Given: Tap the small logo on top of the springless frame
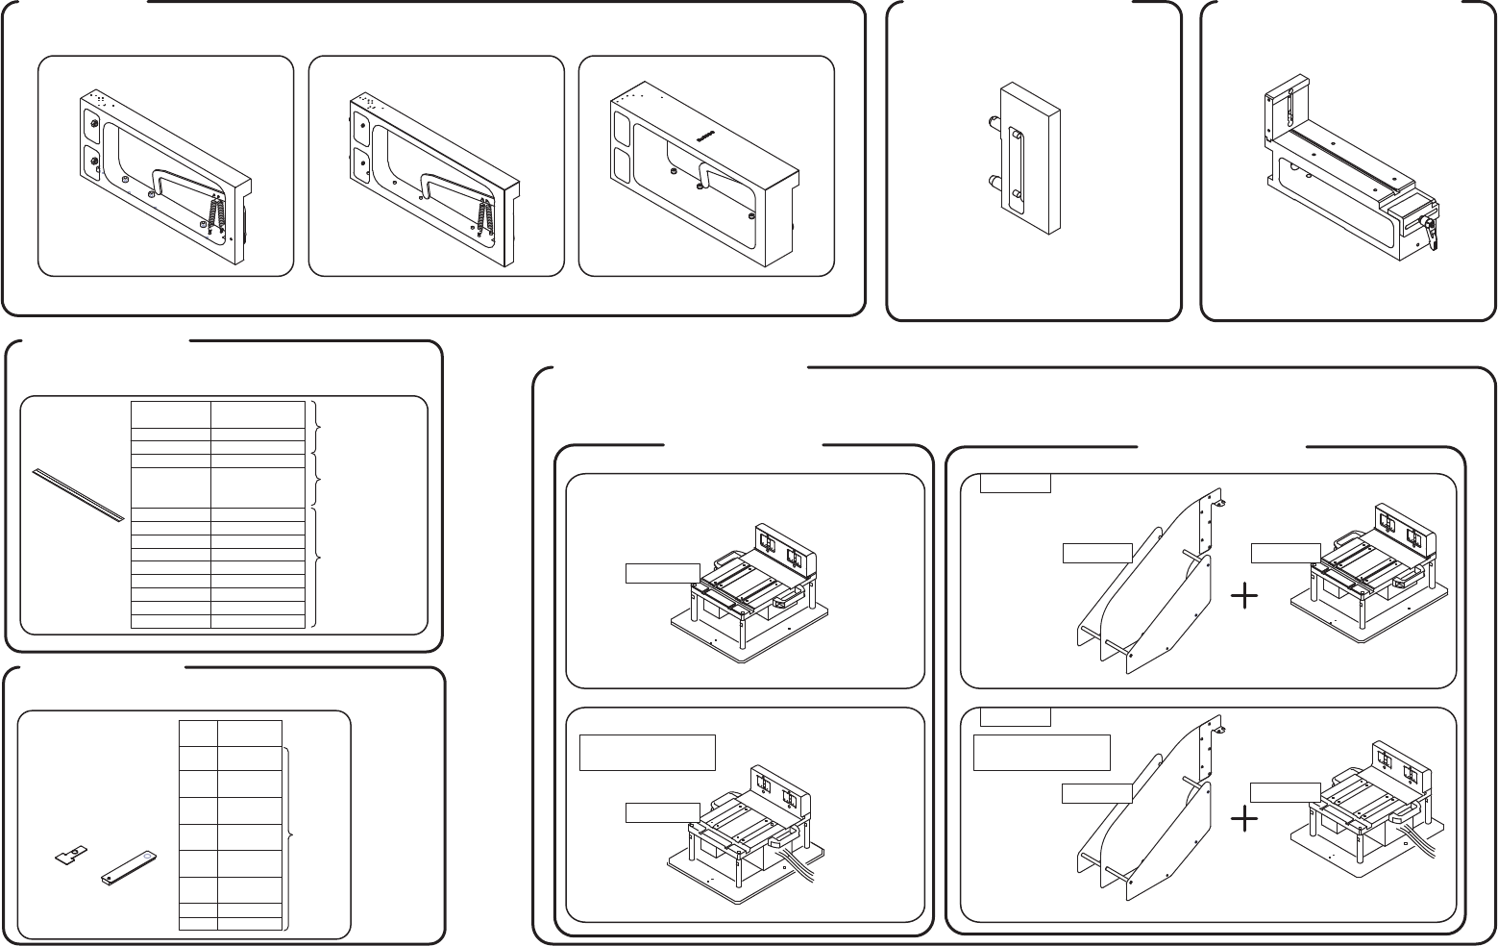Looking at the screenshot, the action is coord(704,137).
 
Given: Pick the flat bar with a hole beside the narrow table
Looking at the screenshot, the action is coord(129,865).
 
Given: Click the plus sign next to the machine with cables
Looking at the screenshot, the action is coord(1244,818).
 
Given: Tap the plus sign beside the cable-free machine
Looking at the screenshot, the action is coord(1244,598).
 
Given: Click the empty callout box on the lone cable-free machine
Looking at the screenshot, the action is coord(662,573).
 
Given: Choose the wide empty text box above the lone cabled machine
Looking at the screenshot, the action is coord(648,751).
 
